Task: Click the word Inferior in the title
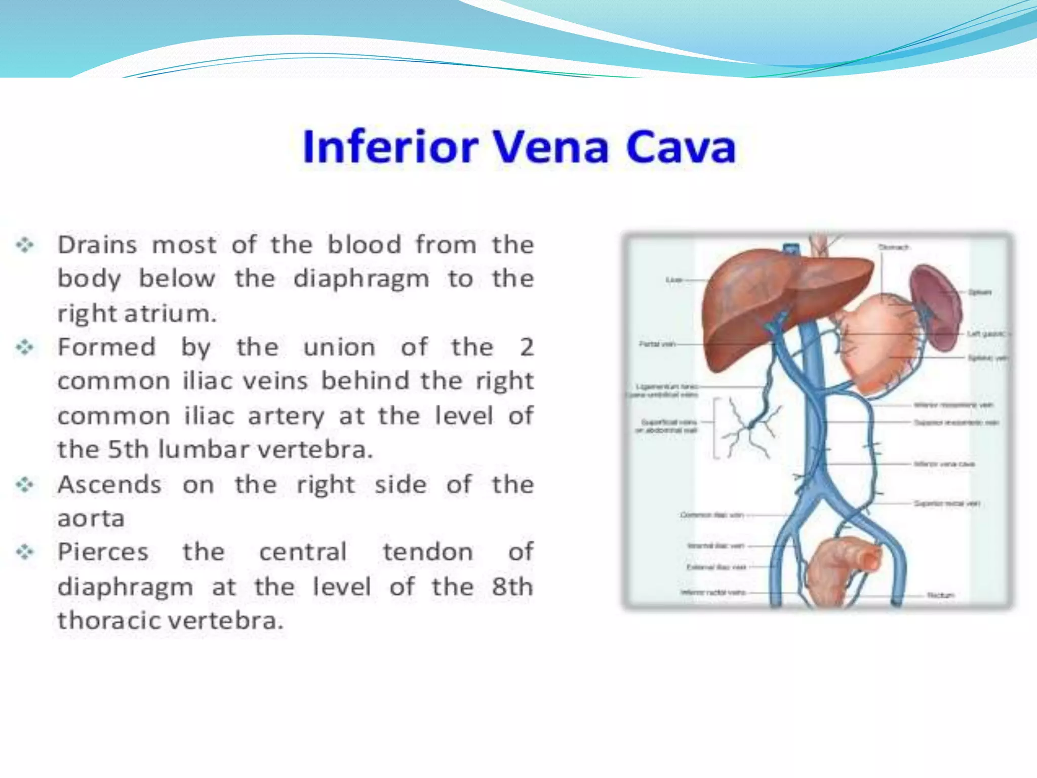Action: point(390,147)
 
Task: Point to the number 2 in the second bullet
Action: point(527,347)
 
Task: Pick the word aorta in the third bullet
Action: point(91,519)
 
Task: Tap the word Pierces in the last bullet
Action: point(103,552)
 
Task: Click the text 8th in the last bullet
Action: point(512,587)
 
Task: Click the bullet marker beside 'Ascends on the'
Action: point(25,485)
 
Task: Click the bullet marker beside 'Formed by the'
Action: point(25,347)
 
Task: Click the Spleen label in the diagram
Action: point(979,292)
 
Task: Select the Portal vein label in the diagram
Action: point(657,344)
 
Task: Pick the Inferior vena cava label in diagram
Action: point(944,464)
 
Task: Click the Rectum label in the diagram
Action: point(940,595)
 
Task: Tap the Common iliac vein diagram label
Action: point(711,515)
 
